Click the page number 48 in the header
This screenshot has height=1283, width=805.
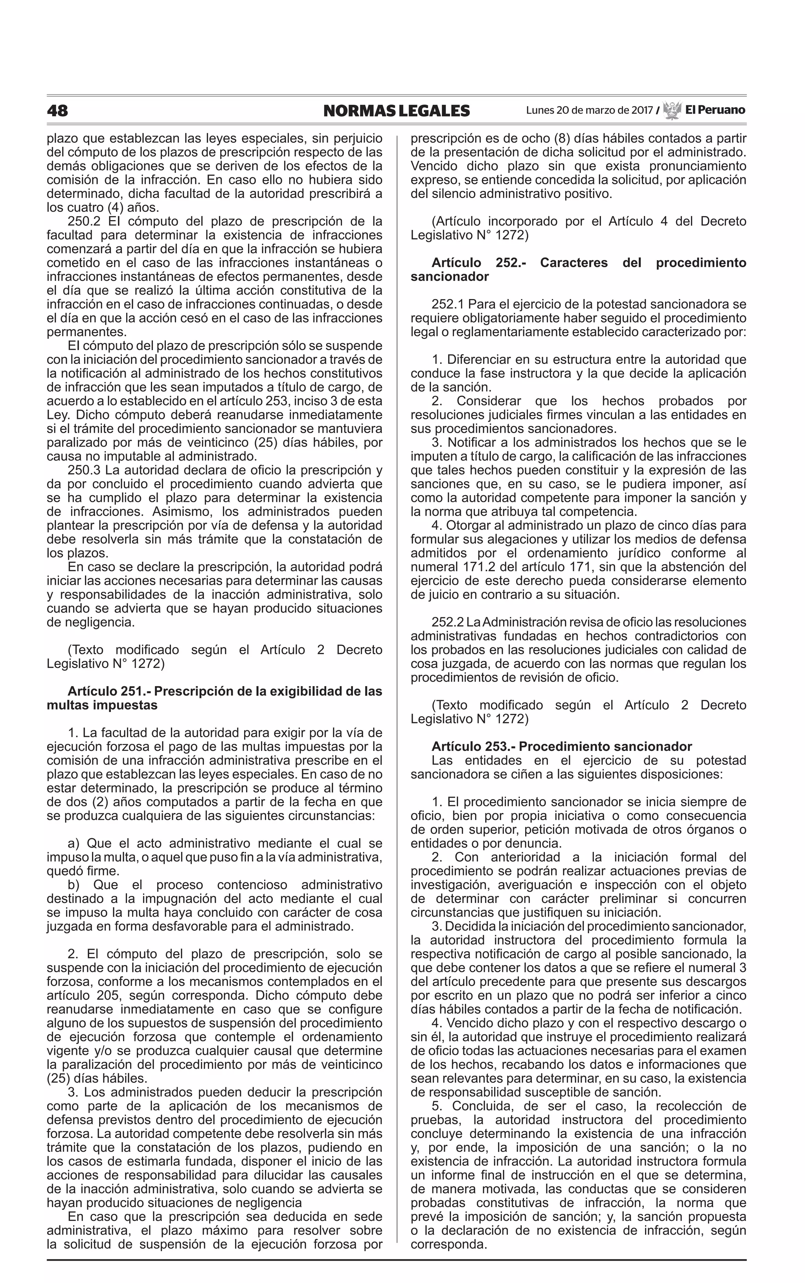pyautogui.click(x=57, y=111)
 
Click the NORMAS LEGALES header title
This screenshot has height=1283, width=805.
pyautogui.click(x=396, y=111)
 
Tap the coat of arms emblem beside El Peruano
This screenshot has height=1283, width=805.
pyautogui.click(x=673, y=110)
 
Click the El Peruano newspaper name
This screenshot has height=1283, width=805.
pyautogui.click(x=715, y=110)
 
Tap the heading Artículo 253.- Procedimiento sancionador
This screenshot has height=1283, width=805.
pyautogui.click(x=561, y=747)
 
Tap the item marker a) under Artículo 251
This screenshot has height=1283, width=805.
pyautogui.click(x=74, y=843)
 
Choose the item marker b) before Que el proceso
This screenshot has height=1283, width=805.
pyautogui.click(x=74, y=885)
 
